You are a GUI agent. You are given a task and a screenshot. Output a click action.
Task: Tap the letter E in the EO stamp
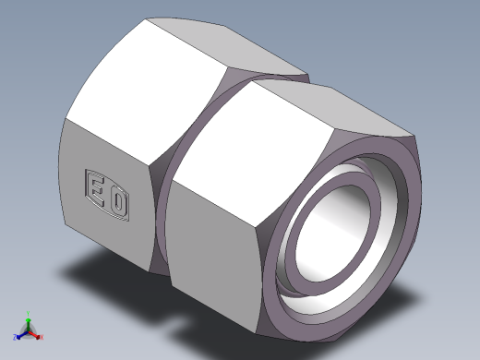coord(95,187)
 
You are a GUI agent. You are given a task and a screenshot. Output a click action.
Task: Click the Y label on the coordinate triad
coord(30,312)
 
